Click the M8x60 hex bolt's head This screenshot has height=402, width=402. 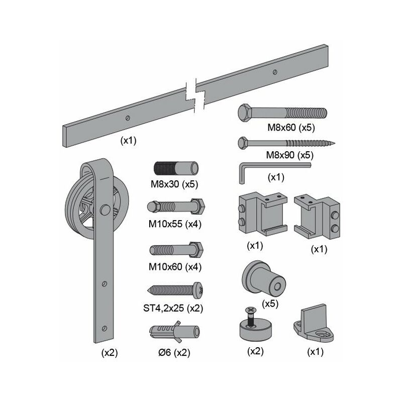245,113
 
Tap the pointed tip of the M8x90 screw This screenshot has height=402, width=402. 335,144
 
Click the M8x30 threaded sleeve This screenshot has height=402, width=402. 176,168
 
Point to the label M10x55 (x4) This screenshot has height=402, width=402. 175,224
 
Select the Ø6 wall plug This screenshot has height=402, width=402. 174,332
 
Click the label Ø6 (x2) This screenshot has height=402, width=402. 174,353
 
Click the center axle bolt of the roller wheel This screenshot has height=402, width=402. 105,210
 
